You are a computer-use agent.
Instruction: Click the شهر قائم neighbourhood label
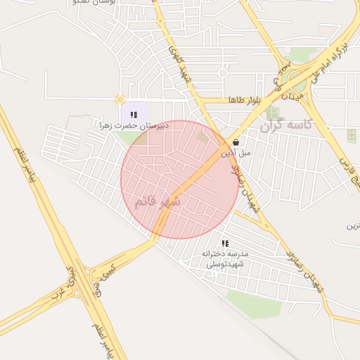(x=157, y=202)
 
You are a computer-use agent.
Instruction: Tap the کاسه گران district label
(x=285, y=127)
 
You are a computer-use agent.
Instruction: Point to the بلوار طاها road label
(x=244, y=101)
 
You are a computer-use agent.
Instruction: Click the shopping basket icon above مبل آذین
(x=234, y=141)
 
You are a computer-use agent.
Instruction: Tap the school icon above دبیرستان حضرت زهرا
(x=134, y=114)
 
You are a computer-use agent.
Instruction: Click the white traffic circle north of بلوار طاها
(x=223, y=72)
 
